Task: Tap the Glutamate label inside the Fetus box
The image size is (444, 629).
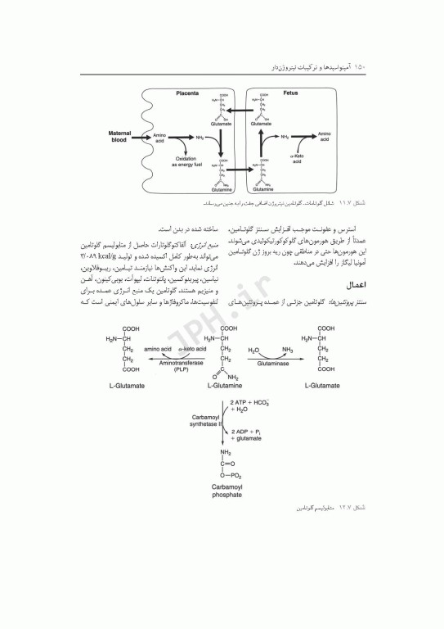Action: tap(266, 124)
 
